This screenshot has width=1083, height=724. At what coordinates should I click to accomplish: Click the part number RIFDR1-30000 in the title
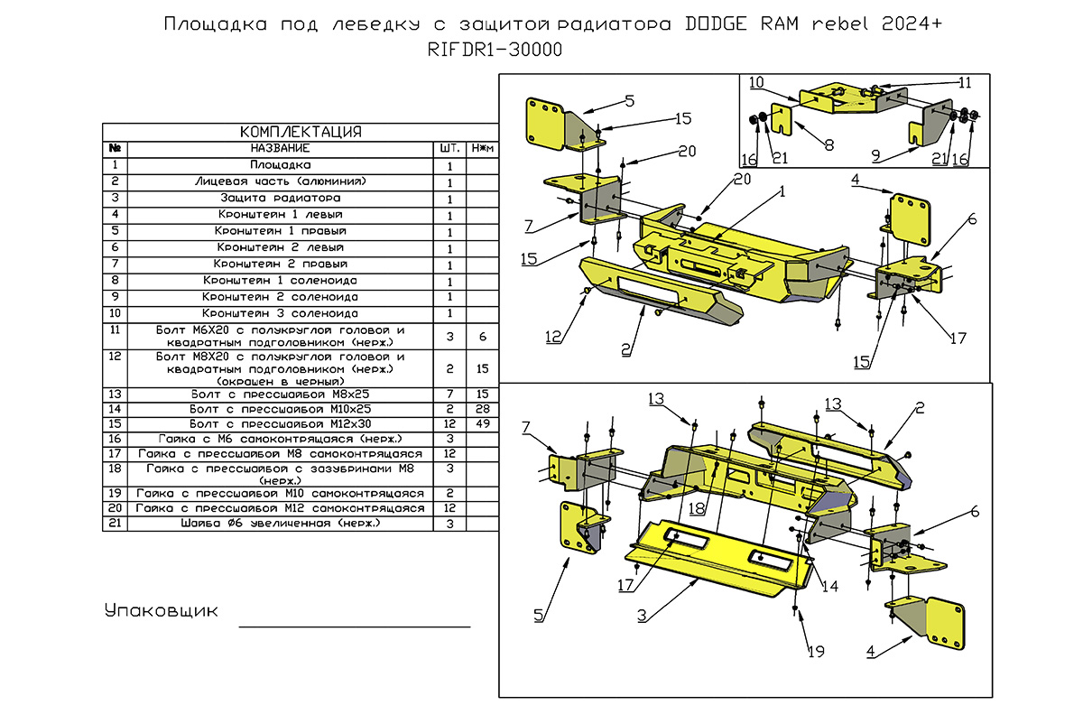tap(495, 51)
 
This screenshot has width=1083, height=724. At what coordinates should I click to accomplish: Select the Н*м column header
tap(483, 148)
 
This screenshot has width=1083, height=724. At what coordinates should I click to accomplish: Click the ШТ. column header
tap(449, 148)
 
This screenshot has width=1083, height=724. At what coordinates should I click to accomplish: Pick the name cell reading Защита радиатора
tap(280, 198)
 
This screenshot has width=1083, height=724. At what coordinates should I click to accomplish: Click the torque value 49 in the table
tap(483, 423)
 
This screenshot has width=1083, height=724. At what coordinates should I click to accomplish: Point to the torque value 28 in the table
tap(483, 409)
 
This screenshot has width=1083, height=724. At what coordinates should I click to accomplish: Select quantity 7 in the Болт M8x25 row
tap(449, 394)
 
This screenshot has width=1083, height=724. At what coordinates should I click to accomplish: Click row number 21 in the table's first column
tap(115, 524)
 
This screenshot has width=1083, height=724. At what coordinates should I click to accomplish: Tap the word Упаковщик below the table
tap(162, 611)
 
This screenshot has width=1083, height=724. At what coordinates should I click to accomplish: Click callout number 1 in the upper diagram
tap(782, 191)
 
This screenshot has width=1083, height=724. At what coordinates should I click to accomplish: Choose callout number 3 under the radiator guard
tap(642, 617)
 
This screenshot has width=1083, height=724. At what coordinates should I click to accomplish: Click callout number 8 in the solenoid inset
tap(828, 144)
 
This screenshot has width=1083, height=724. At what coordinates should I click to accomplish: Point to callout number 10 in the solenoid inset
tap(756, 82)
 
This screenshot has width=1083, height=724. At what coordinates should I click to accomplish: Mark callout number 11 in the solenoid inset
tap(965, 82)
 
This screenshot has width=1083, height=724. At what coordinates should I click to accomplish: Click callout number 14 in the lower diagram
tap(829, 586)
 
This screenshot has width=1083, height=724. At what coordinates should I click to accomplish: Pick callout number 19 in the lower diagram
tap(816, 651)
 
